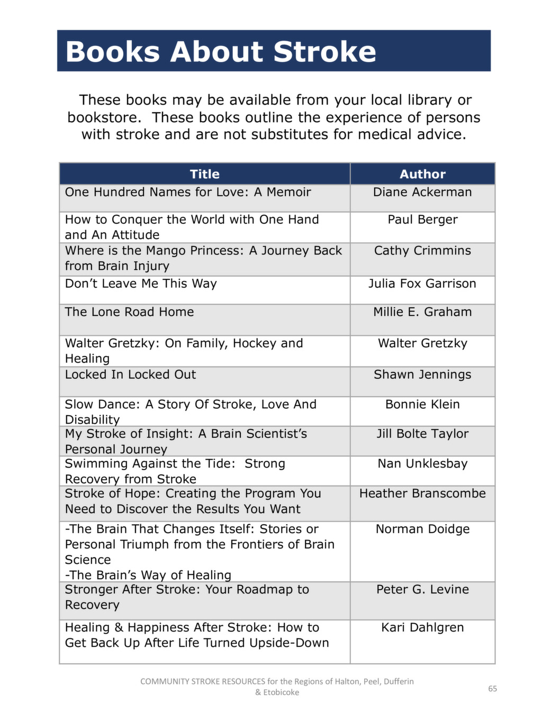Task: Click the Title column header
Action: click(204, 174)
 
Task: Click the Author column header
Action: click(422, 174)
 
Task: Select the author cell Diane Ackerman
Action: click(422, 192)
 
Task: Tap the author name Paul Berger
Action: click(422, 220)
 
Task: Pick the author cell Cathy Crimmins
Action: click(422, 251)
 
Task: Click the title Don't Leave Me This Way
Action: click(141, 284)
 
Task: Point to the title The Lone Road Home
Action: click(129, 312)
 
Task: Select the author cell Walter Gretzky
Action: click(422, 343)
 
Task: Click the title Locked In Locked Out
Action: click(130, 374)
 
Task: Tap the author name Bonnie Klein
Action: click(422, 404)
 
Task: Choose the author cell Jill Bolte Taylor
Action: click(422, 434)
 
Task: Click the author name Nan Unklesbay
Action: click(422, 464)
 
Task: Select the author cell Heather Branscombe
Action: click(422, 493)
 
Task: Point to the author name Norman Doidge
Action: click(422, 529)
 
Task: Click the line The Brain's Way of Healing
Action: click(148, 575)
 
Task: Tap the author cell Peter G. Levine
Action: click(422, 589)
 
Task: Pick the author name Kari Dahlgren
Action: click(422, 627)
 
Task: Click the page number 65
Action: click(492, 689)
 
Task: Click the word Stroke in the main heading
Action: click(324, 52)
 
